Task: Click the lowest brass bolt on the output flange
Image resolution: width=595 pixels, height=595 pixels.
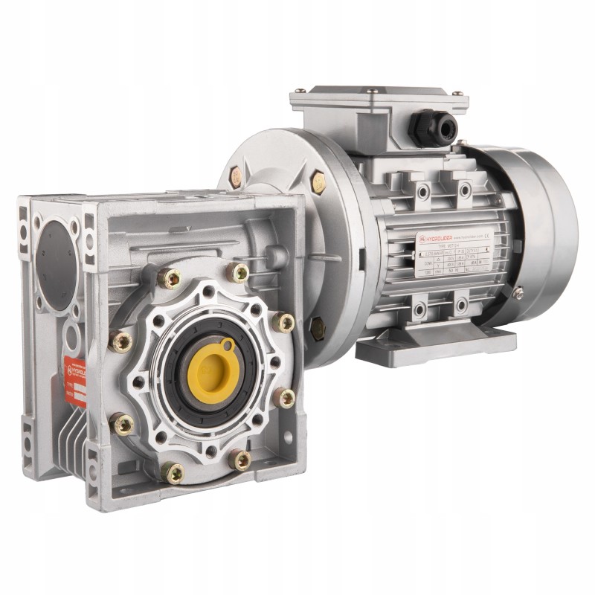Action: (173, 471)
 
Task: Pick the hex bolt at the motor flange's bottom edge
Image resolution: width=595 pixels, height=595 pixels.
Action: (317, 325)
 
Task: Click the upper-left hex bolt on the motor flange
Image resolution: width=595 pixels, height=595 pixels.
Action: (236, 176)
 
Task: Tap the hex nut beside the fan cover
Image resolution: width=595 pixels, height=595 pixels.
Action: (518, 293)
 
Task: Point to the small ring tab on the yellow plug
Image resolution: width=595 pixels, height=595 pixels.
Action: (225, 346)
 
